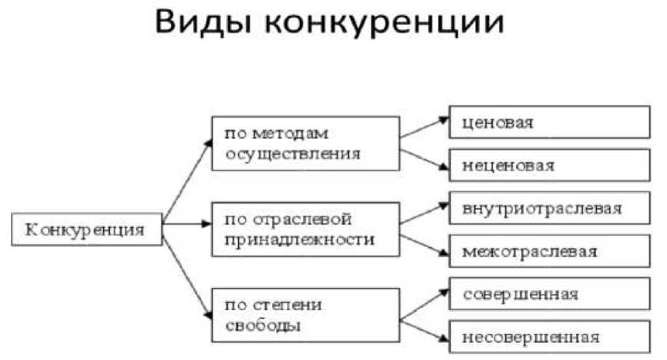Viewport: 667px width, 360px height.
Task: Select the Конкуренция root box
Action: [x=87, y=229]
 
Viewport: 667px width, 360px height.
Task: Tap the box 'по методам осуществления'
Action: [x=305, y=142]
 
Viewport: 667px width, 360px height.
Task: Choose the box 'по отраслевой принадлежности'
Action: [x=305, y=228]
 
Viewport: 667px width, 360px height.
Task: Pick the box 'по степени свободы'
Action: [x=305, y=314]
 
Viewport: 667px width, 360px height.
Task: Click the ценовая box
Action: [x=550, y=123]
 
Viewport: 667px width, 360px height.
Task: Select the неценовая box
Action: [x=550, y=165]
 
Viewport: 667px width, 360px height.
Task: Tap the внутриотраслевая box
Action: [x=550, y=209]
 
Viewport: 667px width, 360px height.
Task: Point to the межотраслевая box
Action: [x=550, y=252]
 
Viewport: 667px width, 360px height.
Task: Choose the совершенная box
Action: [x=550, y=294]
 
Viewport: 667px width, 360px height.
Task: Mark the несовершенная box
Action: [x=550, y=339]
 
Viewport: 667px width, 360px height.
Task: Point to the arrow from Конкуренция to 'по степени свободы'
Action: [x=188, y=269]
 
